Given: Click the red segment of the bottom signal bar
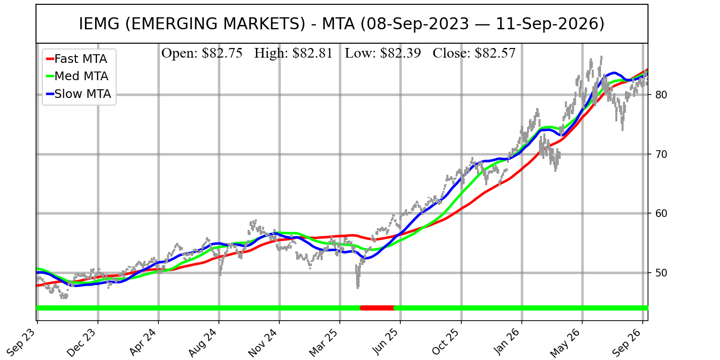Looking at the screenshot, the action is pyautogui.click(x=377, y=308).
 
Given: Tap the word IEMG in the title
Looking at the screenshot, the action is pyautogui.click(x=99, y=24).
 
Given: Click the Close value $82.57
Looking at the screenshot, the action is pyautogui.click(x=495, y=53).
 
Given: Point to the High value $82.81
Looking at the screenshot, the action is pyautogui.click(x=312, y=53).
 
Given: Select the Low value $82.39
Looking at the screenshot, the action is pyautogui.click(x=400, y=53).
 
